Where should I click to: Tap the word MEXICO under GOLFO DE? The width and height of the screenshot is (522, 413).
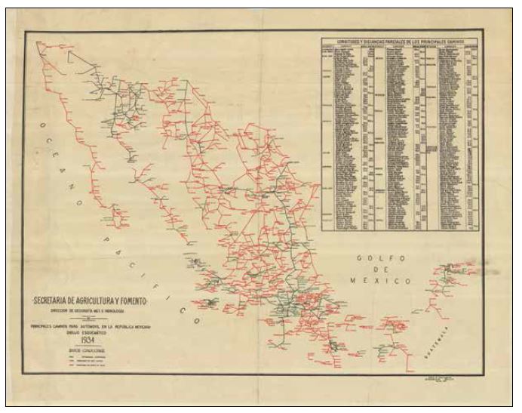coord(381,281)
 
